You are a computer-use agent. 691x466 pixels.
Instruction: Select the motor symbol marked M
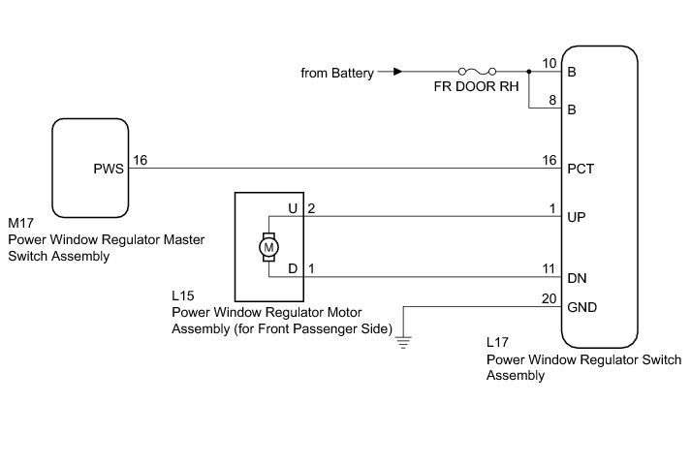point(267,247)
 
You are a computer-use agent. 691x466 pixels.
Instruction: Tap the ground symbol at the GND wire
point(404,341)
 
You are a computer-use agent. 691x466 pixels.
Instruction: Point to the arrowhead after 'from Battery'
point(396,72)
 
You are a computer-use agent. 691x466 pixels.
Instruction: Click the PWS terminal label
point(109,168)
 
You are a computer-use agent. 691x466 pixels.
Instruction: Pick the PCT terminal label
point(580,168)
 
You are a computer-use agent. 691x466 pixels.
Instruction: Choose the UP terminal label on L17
point(578,216)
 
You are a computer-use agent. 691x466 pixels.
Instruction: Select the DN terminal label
point(577,278)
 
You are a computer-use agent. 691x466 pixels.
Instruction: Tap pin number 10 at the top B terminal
point(550,64)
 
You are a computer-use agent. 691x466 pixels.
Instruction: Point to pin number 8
point(552,100)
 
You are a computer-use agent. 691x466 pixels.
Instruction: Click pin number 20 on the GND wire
point(550,298)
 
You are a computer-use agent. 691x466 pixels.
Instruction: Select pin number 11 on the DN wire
point(550,269)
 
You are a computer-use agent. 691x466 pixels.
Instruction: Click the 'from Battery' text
point(337,73)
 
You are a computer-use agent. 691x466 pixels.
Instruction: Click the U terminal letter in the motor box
point(292,208)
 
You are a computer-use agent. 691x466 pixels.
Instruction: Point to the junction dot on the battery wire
point(529,72)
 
